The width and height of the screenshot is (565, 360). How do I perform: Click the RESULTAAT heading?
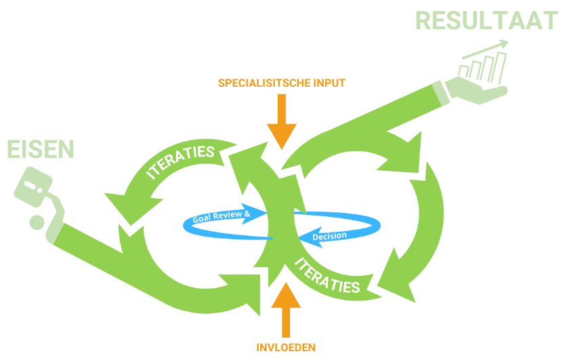click(486, 20)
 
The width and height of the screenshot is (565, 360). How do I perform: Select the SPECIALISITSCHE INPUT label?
click(281, 83)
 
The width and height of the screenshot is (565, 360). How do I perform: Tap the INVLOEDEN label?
click(286, 348)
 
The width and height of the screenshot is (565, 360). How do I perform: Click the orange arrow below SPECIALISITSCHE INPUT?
click(281, 121)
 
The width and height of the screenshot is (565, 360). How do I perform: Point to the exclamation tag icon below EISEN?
click(34, 186)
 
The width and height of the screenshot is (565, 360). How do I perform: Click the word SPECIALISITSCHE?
click(259, 83)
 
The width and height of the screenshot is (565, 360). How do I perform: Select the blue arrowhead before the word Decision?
click(303, 237)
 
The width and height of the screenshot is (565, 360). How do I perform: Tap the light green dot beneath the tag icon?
click(36, 221)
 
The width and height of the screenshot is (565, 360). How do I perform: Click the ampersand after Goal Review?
click(247, 213)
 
